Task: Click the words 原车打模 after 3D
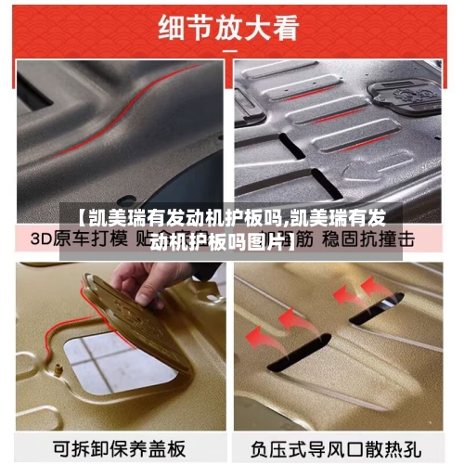[93, 238]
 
